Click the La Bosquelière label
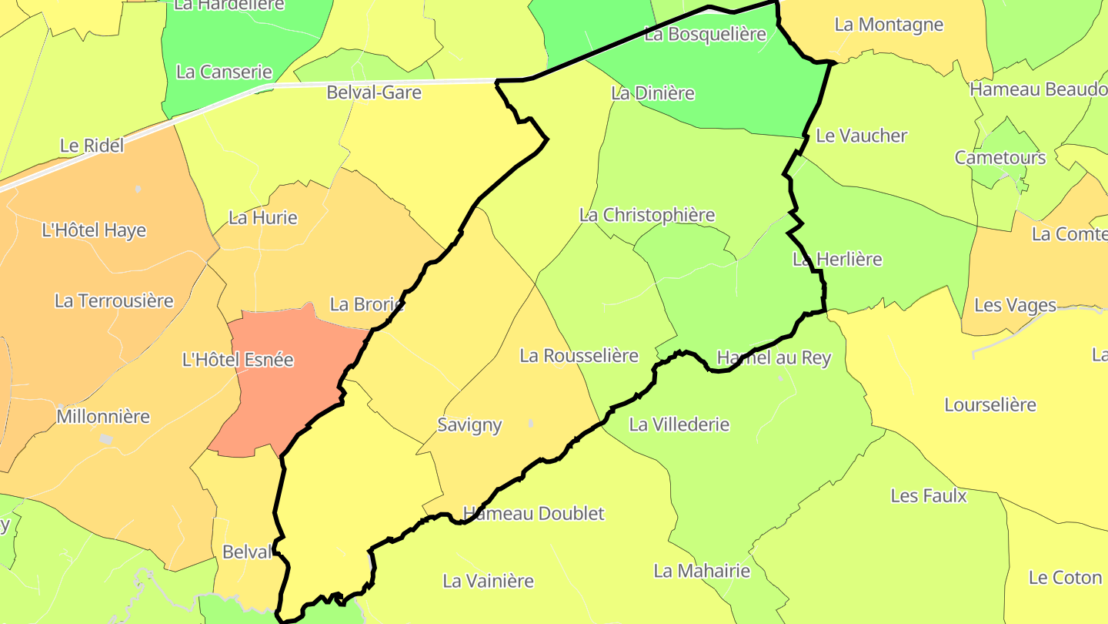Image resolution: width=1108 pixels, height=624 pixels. [705, 34]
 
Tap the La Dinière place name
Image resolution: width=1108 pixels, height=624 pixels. [652, 93]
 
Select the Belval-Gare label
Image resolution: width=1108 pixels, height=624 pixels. [374, 92]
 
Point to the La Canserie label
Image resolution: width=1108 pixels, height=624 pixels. [224, 72]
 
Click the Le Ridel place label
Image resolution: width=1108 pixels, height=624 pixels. [92, 145]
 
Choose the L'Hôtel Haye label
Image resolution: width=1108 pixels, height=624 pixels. [94, 230]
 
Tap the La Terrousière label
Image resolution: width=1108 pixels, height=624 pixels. [114, 300]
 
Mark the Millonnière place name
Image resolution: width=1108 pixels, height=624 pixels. [103, 417]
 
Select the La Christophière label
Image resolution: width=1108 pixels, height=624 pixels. [647, 215]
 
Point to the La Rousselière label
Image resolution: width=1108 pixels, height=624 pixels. [579, 355]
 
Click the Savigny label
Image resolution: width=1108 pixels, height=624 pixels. [469, 424]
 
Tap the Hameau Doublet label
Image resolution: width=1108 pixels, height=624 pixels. [534, 513]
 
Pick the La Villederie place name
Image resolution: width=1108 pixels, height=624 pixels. [679, 424]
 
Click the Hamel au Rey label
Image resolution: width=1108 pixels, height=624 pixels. [773, 357]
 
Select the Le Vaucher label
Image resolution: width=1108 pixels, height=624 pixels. [862, 136]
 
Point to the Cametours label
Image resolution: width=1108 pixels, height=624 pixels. [1000, 157]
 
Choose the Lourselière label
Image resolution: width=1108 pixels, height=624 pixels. [990, 404]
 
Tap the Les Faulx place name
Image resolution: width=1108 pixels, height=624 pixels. [929, 495]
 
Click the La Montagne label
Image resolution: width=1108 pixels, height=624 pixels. [889, 24]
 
